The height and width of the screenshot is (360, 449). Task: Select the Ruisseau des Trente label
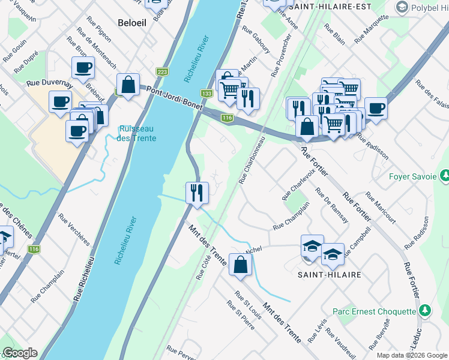coord(137,134)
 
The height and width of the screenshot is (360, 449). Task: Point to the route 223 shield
coord(162,71)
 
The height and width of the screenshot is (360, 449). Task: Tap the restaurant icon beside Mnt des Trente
coord(197,193)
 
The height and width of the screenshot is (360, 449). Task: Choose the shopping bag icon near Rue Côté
coord(240,265)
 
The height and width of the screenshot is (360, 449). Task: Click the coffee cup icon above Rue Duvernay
coord(83,67)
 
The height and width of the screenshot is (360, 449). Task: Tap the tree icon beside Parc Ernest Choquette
coord(425,310)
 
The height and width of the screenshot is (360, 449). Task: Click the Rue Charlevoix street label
coord(295,188)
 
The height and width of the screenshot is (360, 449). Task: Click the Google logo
coord(19,353)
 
